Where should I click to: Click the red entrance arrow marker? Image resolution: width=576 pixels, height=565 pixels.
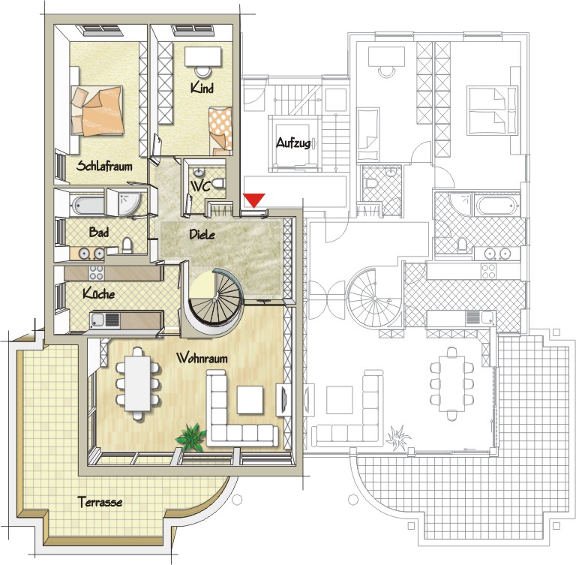(254, 200)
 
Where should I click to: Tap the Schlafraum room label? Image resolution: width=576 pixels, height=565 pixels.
(104, 166)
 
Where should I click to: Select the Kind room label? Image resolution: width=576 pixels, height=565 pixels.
(202, 88)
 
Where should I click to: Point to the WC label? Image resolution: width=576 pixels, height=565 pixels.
(200, 186)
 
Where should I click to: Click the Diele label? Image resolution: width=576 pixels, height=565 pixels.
(202, 234)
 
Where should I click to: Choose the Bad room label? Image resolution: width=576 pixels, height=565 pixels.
(99, 232)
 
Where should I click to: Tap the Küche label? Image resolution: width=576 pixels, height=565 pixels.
(98, 293)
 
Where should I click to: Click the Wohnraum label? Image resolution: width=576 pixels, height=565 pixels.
(202, 358)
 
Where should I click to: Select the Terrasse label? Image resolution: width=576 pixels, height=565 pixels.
(100, 502)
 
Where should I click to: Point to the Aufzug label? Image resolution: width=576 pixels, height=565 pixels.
(293, 143)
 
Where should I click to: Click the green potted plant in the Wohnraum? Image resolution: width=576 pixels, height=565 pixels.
(190, 437)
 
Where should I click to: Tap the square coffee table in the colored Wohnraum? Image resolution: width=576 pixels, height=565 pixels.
(250, 400)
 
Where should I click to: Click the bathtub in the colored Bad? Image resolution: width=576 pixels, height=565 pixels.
(88, 205)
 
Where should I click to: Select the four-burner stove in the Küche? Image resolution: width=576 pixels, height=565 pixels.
(96, 273)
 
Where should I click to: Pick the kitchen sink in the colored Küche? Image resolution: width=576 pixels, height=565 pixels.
(105, 320)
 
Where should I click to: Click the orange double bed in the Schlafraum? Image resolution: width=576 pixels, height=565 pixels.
(97, 111)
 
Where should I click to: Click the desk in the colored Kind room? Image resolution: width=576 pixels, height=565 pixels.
(203, 56)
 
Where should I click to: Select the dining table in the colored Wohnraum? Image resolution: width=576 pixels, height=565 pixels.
(138, 383)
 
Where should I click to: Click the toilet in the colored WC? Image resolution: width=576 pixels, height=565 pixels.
(218, 184)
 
